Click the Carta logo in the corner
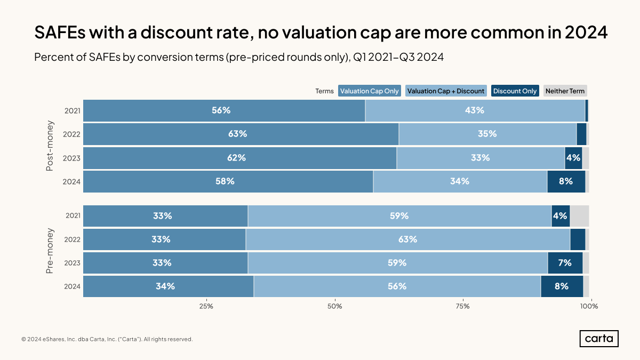598,339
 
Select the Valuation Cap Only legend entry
369,91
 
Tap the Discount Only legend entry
515,91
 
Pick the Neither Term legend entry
565,91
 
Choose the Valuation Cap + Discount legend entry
446,91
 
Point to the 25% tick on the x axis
206,306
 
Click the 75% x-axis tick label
462,306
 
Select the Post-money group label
50,146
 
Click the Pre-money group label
50,251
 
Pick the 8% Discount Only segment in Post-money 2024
566,181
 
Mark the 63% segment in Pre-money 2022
407,239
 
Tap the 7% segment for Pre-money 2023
565,263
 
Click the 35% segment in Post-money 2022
487,134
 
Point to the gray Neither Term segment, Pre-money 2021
579,216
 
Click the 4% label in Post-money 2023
573,158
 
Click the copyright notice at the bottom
107,339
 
